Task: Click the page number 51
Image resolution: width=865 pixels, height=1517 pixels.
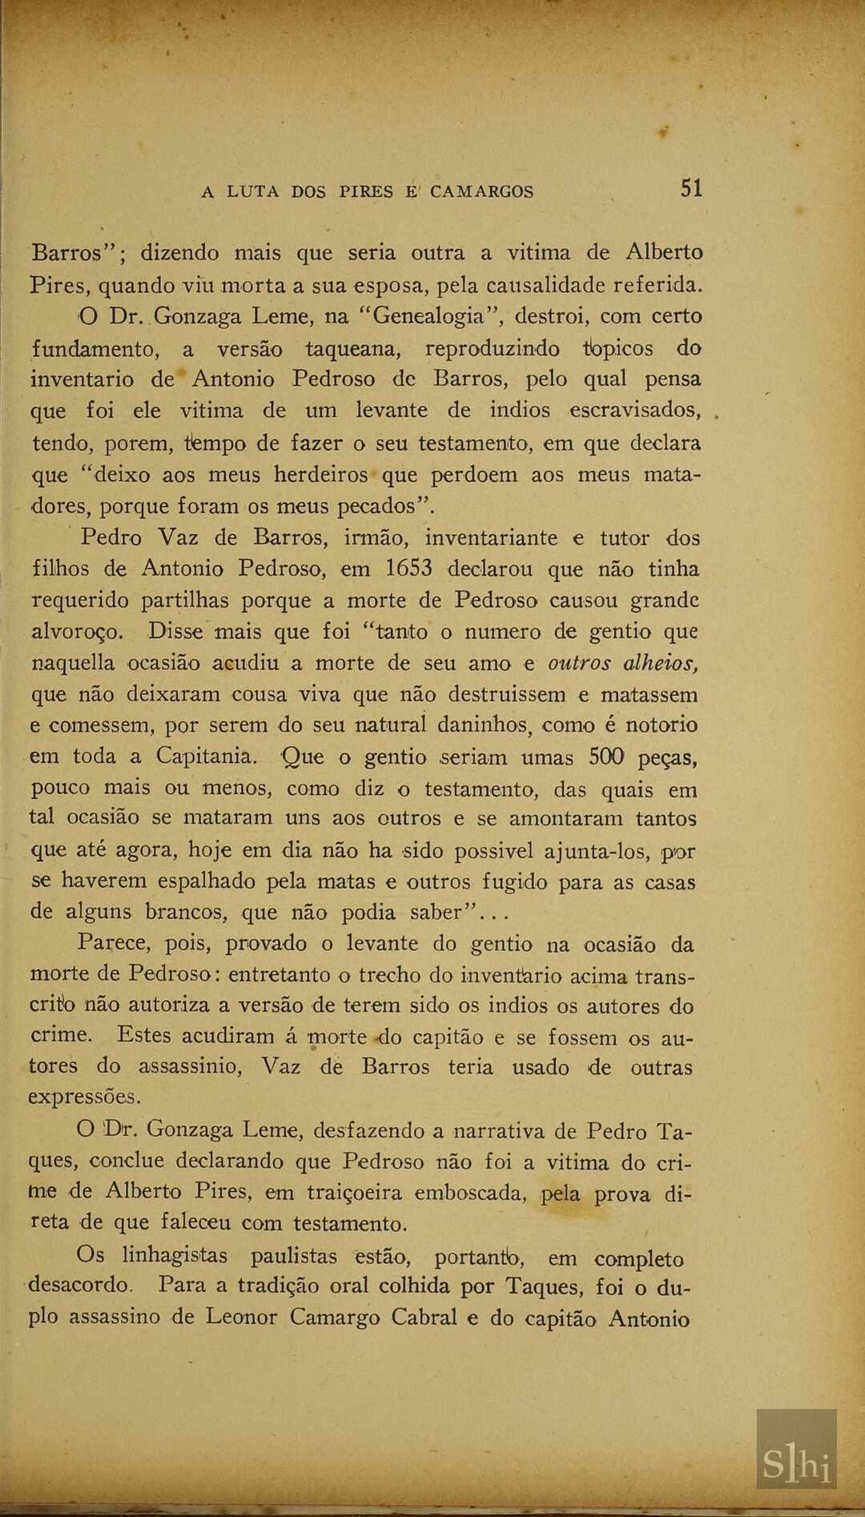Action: coord(691,189)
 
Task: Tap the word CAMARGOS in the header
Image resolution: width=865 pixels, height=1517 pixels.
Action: coord(481,192)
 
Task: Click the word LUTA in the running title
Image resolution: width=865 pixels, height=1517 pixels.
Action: coord(253,192)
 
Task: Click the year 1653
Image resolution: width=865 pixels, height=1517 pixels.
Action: coord(408,569)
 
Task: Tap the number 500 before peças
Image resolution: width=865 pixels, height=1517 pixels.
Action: coord(608,756)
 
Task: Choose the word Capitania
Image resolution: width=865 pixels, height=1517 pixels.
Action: coord(207,756)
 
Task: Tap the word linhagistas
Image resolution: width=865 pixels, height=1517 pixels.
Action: coord(175,1255)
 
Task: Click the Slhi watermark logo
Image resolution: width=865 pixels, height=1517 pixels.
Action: coord(796,1465)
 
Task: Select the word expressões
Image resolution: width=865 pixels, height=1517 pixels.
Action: coord(84,1098)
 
